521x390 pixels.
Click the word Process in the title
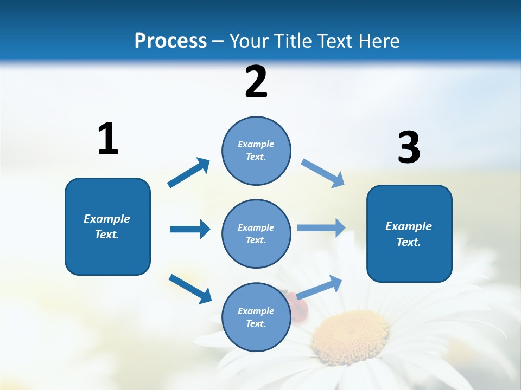(x=170, y=41)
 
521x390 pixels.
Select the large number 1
(x=108, y=139)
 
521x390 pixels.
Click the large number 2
(x=256, y=82)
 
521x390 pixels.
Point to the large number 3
(x=409, y=148)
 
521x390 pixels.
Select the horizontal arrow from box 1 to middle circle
(x=190, y=229)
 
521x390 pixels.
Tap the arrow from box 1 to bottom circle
(x=190, y=288)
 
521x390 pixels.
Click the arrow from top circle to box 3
(x=323, y=173)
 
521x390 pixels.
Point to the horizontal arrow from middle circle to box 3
(x=321, y=228)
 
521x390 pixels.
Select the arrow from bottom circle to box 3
(x=320, y=287)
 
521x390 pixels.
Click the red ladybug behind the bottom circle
(x=300, y=304)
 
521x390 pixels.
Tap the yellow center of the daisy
(x=350, y=336)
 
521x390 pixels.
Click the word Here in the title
(x=380, y=41)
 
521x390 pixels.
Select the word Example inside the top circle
(x=256, y=144)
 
